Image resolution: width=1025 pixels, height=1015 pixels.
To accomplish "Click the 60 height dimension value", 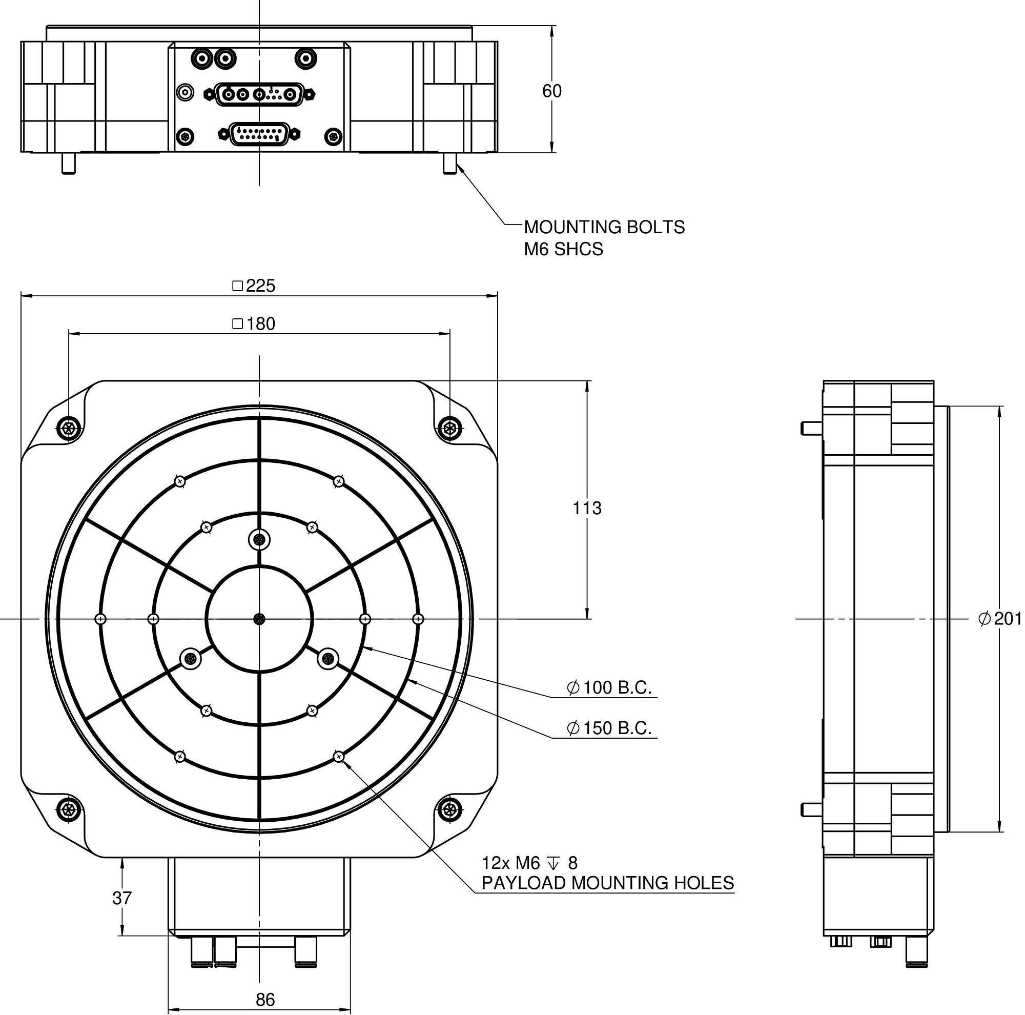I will [551, 91].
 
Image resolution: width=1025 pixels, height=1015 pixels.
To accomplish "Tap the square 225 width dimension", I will [255, 286].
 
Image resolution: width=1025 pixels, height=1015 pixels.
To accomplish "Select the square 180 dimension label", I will [254, 323].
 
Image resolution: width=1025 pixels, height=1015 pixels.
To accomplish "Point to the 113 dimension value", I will [587, 509].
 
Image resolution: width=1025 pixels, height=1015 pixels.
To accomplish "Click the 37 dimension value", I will [122, 898].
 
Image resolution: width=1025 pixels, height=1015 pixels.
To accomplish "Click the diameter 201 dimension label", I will [999, 619].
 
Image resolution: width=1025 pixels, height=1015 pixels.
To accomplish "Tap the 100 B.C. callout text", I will [609, 687].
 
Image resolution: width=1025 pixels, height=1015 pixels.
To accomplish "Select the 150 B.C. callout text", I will [609, 728].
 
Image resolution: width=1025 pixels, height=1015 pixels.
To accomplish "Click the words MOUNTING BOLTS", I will [604, 227].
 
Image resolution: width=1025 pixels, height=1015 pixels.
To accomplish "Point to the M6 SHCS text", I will [563, 249].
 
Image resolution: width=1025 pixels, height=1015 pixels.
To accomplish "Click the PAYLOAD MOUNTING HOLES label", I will [607, 883].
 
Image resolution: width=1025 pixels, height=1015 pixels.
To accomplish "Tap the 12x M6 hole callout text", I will [529, 863].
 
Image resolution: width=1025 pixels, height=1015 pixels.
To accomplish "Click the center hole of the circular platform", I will [259, 619].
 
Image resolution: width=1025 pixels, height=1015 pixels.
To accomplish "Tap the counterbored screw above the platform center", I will [259, 540].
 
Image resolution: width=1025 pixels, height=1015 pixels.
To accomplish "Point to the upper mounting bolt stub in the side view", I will [810, 428].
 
